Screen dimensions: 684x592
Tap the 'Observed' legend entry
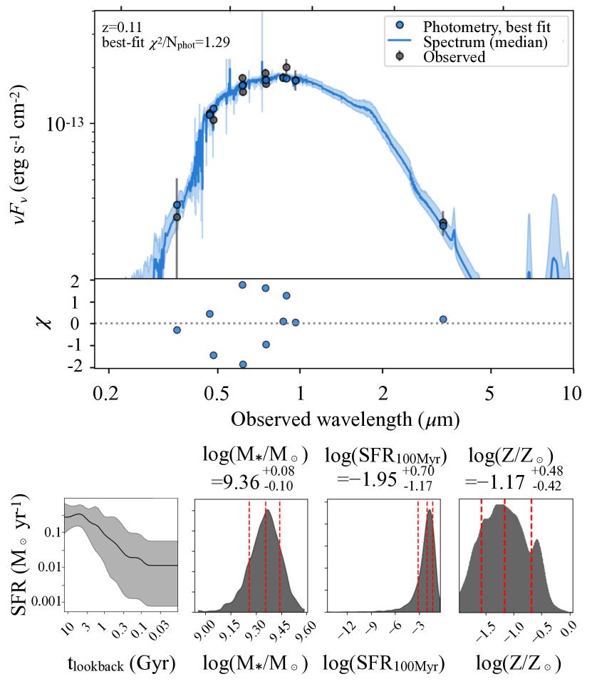454,57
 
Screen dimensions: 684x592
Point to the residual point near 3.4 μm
443,319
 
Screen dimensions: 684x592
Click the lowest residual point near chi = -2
243,364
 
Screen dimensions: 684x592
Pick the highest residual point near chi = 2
242,285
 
